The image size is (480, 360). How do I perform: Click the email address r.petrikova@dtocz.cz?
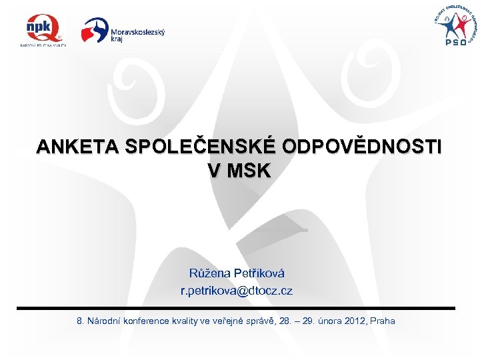[236, 291]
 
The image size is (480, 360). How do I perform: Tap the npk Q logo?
[43, 29]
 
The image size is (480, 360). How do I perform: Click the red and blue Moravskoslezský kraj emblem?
[95, 30]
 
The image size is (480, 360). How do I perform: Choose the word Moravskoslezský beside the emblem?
[138, 31]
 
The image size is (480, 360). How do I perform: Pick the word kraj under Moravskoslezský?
[117, 39]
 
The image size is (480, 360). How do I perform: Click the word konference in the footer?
[145, 321]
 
